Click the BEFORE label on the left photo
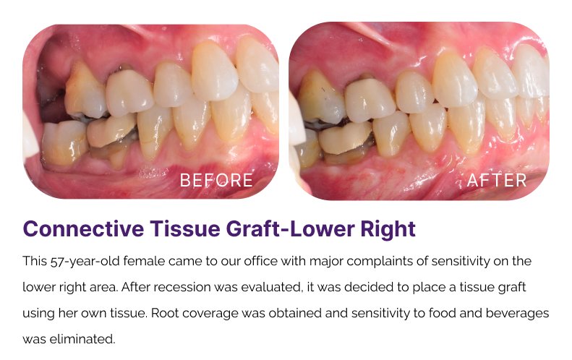pyautogui.click(x=216, y=180)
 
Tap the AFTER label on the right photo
pyautogui.click(x=497, y=180)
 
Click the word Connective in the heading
pyautogui.click(x=83, y=229)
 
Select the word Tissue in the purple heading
pyautogui.click(x=185, y=229)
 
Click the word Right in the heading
pyautogui.click(x=388, y=230)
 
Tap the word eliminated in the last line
pyautogui.click(x=82, y=339)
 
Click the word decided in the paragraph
pyautogui.click(x=368, y=288)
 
